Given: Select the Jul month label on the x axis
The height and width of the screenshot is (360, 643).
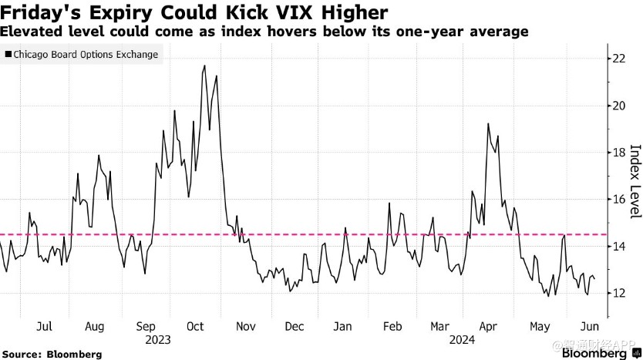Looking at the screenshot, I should pos(44,326).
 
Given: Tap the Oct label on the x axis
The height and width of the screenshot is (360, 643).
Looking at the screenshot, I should pos(195,326).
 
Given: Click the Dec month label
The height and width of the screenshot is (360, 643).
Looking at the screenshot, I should pos(294,326).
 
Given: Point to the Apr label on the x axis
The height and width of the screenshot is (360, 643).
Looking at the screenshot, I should pos(488,326).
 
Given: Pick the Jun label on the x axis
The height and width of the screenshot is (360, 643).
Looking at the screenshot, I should pos(588,326).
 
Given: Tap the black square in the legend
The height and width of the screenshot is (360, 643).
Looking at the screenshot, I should pos(8,55).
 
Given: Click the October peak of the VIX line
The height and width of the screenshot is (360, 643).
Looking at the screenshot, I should pos(204,66).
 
